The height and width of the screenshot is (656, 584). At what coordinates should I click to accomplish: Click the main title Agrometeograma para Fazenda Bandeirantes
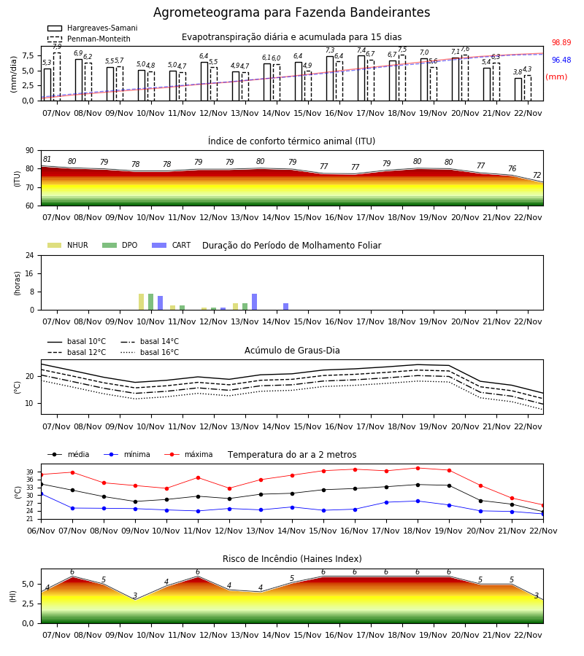point(291,12)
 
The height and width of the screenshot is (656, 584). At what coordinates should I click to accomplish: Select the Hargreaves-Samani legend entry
point(93,28)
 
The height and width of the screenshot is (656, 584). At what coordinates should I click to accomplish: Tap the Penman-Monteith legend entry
point(89,39)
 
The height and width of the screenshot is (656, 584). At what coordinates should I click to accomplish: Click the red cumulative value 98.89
point(561,43)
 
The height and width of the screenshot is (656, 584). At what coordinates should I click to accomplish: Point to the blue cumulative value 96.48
point(561,60)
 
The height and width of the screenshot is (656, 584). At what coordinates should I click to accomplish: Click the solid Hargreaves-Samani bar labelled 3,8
point(518,90)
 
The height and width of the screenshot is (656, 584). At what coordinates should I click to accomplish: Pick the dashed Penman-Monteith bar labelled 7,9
point(57,77)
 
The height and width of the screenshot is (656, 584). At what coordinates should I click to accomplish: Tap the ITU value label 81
point(47,159)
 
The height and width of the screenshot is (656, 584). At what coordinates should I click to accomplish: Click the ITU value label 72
point(537,175)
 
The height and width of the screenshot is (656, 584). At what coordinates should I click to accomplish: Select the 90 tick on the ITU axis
point(30,151)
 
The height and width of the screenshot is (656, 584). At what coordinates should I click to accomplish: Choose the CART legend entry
point(172,245)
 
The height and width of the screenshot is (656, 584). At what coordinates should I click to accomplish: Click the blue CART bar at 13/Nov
point(254,302)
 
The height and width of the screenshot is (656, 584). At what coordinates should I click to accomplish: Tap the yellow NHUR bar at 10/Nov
point(141,302)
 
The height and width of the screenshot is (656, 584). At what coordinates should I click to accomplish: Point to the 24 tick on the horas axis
point(30,255)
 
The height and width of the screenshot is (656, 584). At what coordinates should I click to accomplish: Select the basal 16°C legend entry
point(150,352)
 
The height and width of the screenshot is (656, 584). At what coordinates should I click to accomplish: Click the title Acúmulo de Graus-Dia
point(292,351)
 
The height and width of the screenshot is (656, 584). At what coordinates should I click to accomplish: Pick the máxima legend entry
point(189,454)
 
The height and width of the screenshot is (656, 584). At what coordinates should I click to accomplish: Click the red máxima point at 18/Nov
point(418,468)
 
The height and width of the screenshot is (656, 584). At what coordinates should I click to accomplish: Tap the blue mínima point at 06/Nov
point(42,493)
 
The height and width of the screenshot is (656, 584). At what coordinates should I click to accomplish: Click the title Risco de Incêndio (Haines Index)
point(292,559)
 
